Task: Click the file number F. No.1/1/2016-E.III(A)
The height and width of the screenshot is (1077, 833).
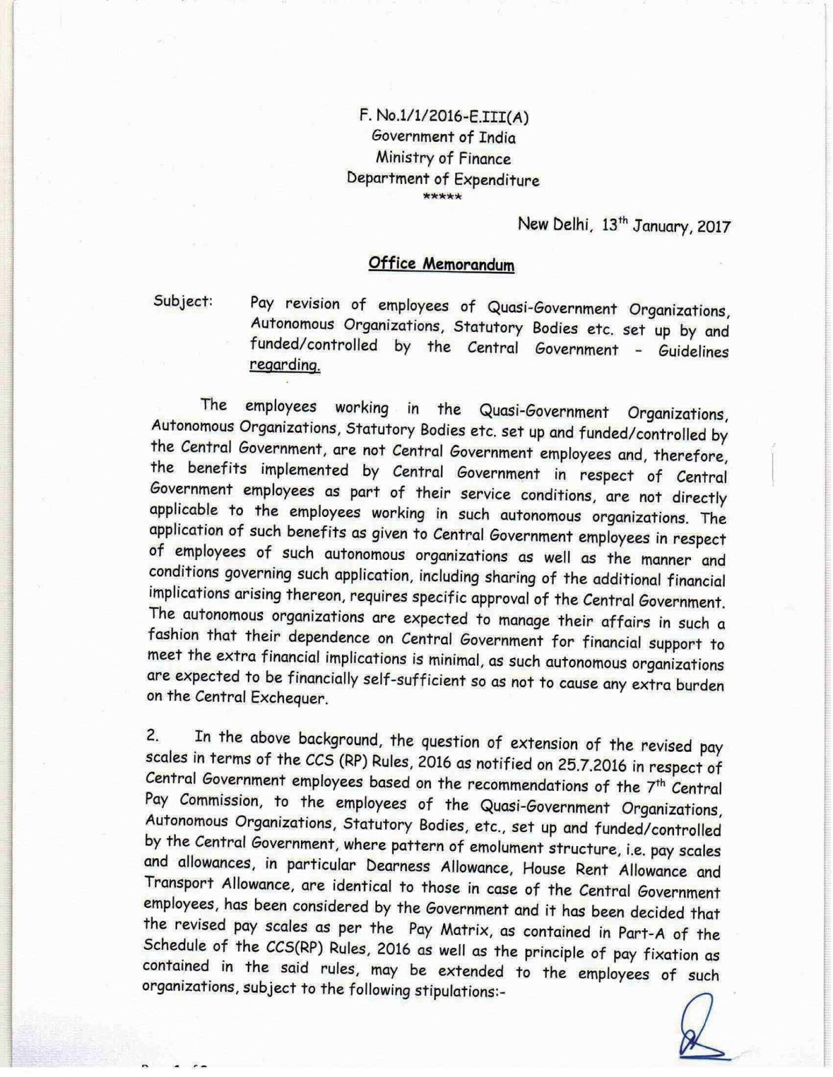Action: click(444, 116)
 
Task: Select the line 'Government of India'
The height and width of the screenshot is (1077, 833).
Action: click(444, 137)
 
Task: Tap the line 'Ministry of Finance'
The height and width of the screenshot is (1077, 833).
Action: click(443, 158)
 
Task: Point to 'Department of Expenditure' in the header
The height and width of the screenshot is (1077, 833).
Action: click(443, 179)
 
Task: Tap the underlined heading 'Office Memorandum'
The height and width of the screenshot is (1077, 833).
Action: click(441, 264)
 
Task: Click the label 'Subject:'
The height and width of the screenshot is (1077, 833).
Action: click(183, 301)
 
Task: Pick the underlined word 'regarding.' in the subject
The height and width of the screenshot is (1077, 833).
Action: click(285, 366)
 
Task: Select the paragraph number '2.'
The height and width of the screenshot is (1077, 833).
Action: click(152, 736)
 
